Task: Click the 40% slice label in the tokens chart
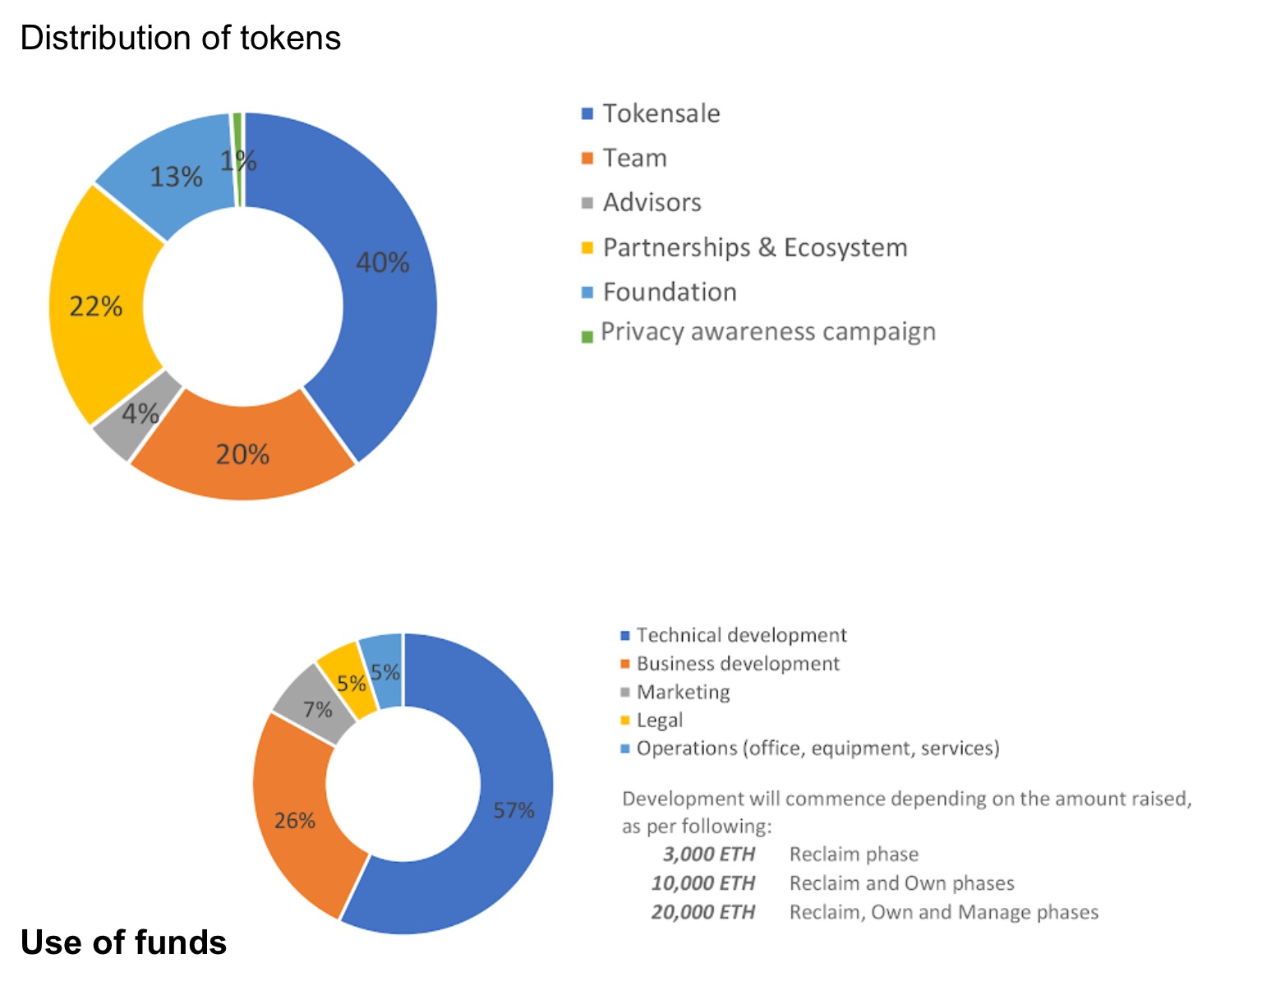[x=382, y=263]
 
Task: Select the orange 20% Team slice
[x=242, y=454]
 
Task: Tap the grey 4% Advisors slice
[x=140, y=413]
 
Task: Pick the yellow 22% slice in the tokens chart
[x=96, y=306]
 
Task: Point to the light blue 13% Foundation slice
[x=175, y=176]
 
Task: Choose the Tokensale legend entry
[x=661, y=113]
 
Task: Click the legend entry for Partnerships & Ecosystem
[x=754, y=247]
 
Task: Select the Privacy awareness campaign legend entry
[x=767, y=332]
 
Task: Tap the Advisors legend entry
[x=652, y=202]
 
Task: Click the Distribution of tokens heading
[x=181, y=38]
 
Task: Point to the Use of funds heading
[x=123, y=942]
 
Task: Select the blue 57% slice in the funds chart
[x=514, y=811]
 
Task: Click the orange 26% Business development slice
[x=294, y=820]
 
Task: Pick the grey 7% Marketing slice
[x=316, y=708]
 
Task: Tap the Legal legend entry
[x=659, y=721]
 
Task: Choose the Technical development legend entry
[x=740, y=635]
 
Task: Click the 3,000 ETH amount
[x=708, y=855]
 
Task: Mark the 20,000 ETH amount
[x=702, y=912]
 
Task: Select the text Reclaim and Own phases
[x=901, y=883]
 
